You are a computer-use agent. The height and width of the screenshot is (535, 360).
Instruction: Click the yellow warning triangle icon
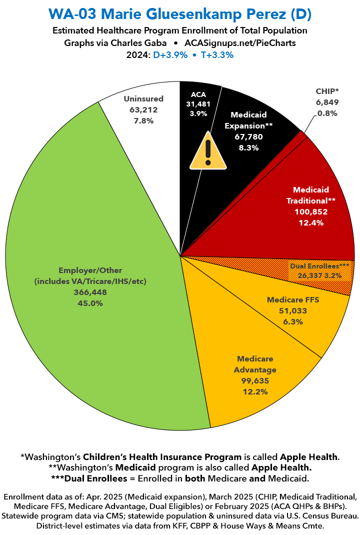(207, 152)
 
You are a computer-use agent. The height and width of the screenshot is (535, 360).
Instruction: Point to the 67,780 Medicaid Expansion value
(248, 136)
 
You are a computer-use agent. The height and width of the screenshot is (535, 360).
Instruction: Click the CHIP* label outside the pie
(327, 91)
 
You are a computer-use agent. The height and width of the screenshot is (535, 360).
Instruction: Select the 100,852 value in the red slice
(310, 211)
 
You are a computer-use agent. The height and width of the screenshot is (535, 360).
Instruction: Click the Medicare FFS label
(292, 300)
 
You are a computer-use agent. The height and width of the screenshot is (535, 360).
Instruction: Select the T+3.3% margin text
(215, 55)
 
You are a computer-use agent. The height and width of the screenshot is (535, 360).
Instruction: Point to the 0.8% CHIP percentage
(327, 113)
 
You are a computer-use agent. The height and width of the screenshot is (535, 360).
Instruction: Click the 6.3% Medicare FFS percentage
(292, 321)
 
